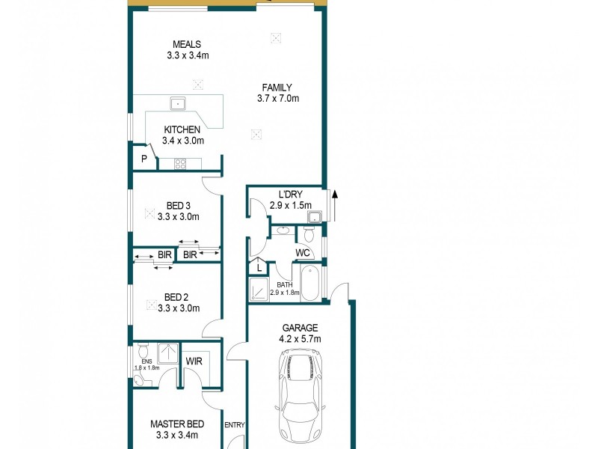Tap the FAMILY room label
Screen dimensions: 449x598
tap(277, 87)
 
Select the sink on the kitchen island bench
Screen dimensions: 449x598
tap(178, 104)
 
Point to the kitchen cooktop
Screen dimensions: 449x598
tap(181, 162)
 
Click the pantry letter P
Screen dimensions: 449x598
tap(144, 159)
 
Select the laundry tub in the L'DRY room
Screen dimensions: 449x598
tap(315, 217)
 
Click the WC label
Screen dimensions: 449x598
tap(303, 253)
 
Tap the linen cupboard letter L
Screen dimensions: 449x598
tap(259, 266)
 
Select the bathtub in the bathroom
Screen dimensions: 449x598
tap(310, 284)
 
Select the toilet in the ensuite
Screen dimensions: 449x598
tap(144, 350)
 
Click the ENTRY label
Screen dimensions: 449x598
tap(235, 425)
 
